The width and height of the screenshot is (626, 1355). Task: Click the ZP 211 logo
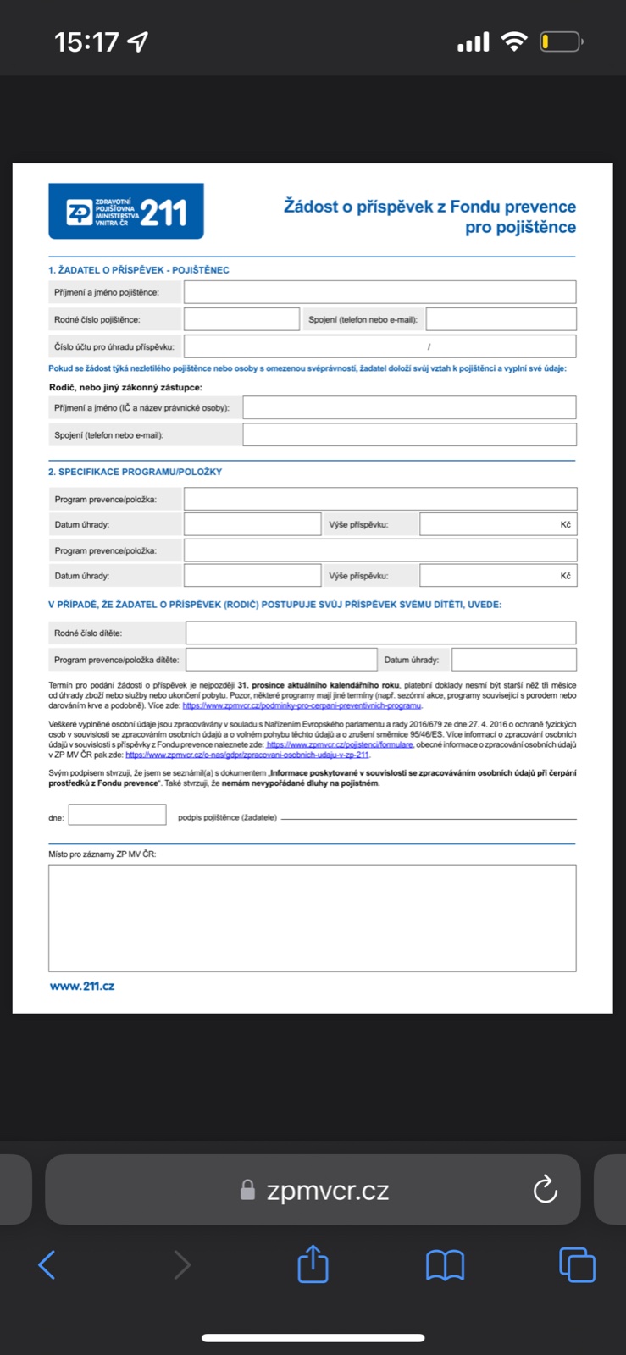coord(126,212)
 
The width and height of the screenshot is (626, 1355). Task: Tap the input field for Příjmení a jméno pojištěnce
coord(379,292)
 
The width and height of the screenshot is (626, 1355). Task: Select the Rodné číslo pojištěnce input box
coord(241,319)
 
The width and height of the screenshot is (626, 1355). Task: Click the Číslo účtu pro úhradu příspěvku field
coord(379,346)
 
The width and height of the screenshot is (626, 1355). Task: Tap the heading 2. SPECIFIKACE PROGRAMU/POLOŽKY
coord(135,472)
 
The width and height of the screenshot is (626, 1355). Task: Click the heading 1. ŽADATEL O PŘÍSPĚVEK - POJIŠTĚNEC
coord(138,270)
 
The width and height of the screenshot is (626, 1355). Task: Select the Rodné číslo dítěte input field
coord(380,633)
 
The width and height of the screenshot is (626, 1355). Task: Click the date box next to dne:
coord(117,815)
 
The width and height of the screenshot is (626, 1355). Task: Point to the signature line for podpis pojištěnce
coord(428,818)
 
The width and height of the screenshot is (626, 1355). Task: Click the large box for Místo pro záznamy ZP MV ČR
coord(312,918)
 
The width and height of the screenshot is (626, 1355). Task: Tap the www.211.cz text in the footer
coord(82,986)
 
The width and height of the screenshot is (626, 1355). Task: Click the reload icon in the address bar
coord(545,1190)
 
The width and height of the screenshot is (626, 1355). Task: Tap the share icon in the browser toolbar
coord(313,1264)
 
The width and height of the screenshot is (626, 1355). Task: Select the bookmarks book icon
coord(445,1265)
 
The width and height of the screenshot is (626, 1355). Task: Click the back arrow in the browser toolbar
coord(47,1265)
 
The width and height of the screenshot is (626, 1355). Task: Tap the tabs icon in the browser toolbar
coord(577,1265)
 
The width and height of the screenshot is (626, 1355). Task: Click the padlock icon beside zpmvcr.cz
coord(247,1190)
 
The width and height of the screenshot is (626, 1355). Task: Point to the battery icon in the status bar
coord(560,41)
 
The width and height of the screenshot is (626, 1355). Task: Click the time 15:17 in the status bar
coord(86,41)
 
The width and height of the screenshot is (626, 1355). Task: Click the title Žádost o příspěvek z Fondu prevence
coord(429,207)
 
